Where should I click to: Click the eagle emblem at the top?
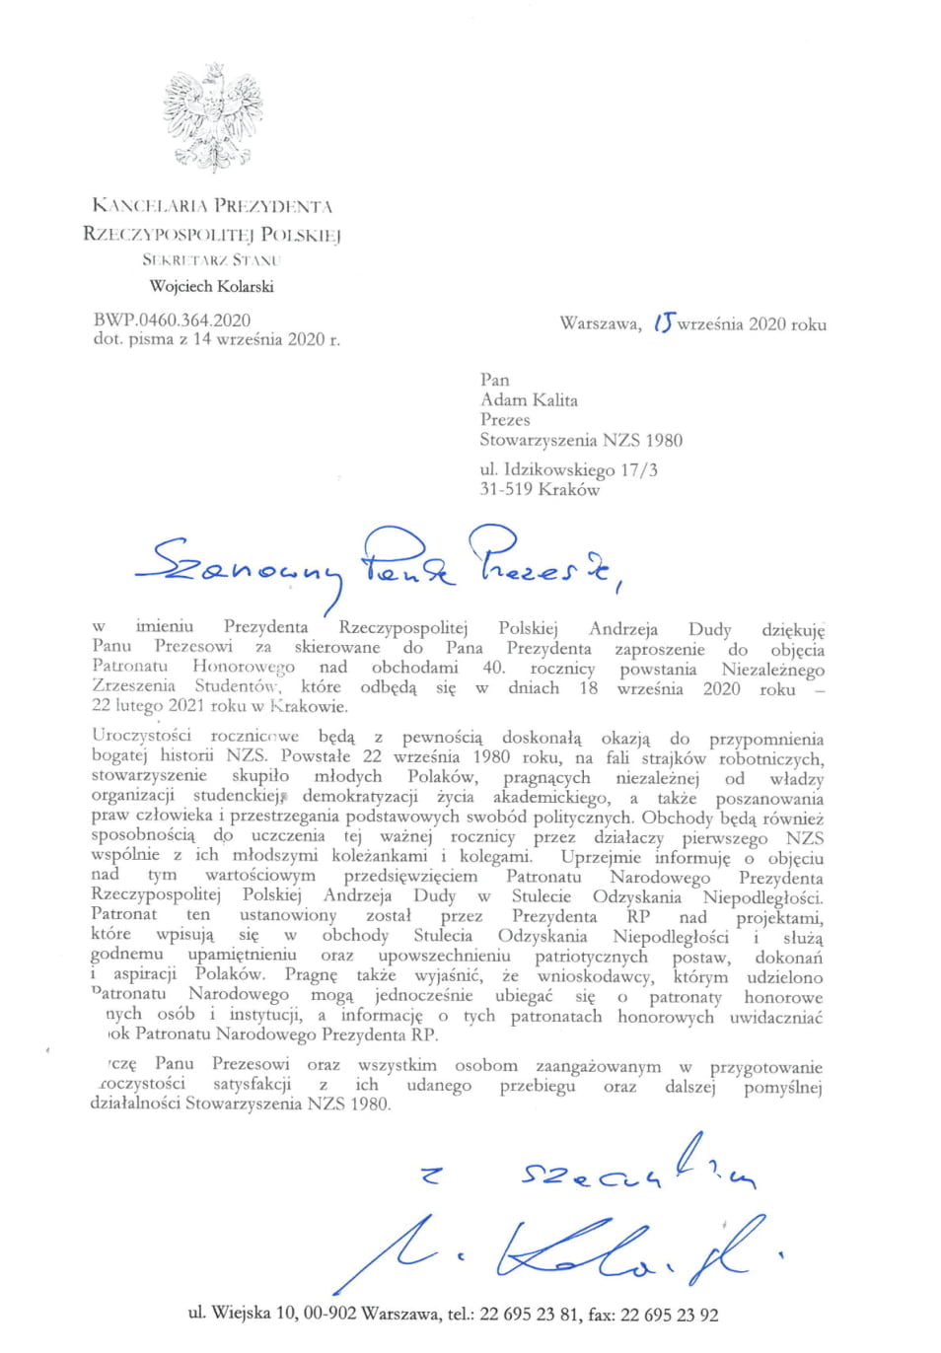(211, 116)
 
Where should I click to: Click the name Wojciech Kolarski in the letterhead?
(211, 286)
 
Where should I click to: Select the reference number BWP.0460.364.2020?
(172, 320)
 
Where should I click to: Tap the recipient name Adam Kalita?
(529, 399)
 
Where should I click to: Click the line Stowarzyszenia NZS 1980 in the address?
(580, 440)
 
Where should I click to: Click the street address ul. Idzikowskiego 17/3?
(568, 469)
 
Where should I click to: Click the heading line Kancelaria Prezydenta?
(211, 206)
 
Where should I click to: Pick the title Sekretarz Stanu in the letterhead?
(211, 260)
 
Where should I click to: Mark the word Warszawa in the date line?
(600, 324)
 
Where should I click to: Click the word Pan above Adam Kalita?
(494, 380)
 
